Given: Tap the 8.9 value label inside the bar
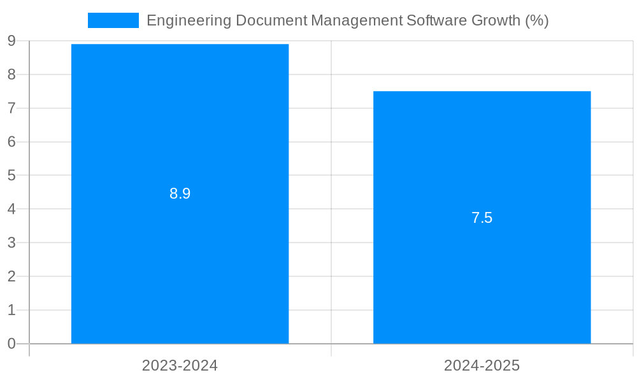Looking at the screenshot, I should click(180, 194).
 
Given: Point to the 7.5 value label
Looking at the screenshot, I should click(482, 218).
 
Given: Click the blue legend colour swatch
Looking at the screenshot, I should click(113, 20).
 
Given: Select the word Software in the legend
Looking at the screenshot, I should click(436, 20).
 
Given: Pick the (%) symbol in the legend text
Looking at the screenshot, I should click(536, 20).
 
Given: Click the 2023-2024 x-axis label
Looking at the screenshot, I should click(180, 365).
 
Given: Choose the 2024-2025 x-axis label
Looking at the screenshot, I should click(482, 365).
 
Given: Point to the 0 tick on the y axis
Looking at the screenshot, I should click(11, 344).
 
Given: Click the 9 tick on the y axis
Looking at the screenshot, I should click(11, 41).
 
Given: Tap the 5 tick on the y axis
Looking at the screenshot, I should click(11, 176).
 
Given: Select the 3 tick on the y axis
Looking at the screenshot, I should click(11, 243).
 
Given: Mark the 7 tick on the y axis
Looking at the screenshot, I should click(11, 108).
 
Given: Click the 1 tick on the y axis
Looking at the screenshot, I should click(11, 310).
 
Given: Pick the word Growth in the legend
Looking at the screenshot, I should click(496, 20).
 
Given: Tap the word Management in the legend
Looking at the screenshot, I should click(356, 20).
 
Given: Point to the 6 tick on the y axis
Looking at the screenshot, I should click(11, 142).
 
